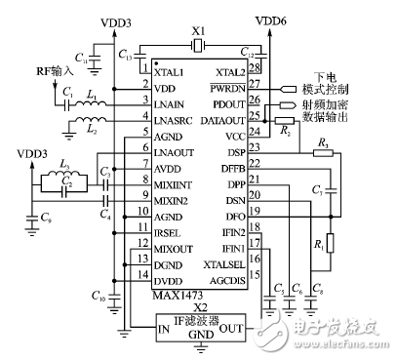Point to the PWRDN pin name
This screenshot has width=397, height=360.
(x=227, y=85)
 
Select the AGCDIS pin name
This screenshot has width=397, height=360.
(x=225, y=278)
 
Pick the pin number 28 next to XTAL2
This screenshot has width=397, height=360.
(x=255, y=67)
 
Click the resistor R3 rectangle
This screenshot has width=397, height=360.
(x=321, y=151)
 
